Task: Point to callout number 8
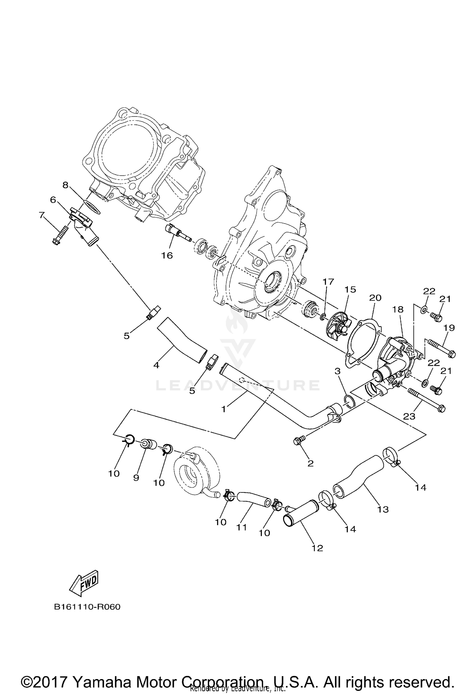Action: click(x=65, y=185)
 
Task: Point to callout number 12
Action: click(x=317, y=548)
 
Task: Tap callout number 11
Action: click(x=241, y=527)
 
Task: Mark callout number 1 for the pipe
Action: click(x=223, y=409)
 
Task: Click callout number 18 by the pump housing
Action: click(x=399, y=309)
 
